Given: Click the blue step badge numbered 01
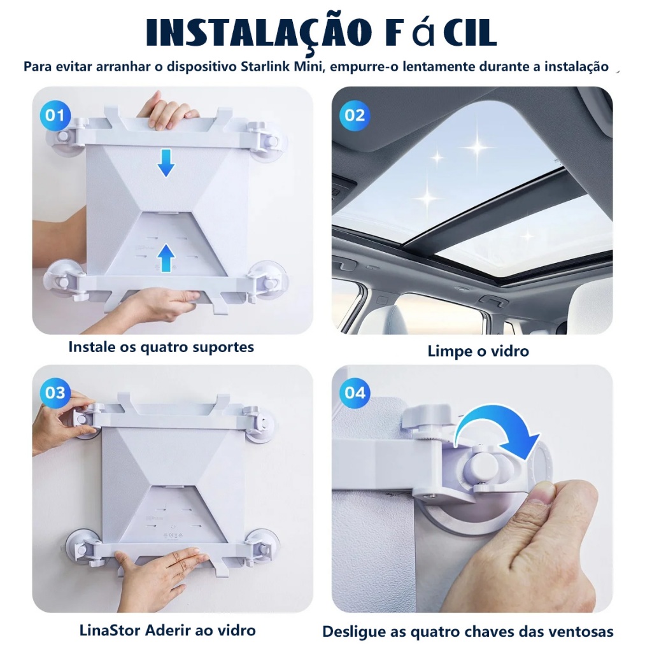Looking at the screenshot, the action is [55, 115].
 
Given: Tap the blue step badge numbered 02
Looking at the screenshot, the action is [354, 115].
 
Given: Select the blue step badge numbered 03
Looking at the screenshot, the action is [55, 392].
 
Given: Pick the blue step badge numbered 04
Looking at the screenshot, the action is [354, 392].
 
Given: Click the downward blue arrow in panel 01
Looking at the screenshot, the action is [166, 163].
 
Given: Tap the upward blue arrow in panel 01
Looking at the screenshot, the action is [166, 258].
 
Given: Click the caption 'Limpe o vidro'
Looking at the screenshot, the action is [478, 351].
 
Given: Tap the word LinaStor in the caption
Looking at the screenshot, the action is [110, 630].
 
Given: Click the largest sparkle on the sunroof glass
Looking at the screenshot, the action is [478, 146].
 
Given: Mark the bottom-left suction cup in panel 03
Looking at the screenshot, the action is [84, 546].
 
